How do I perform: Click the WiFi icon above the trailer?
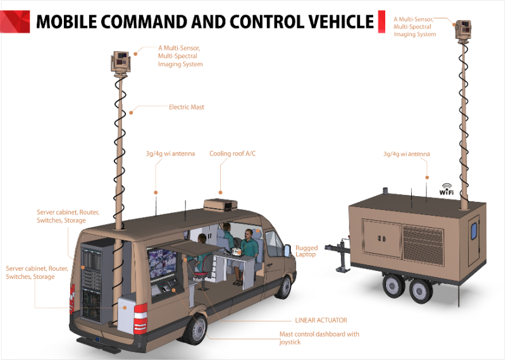447,189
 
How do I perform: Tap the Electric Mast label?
187,108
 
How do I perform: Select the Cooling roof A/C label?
233,153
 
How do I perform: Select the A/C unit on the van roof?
220,203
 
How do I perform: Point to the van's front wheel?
284,287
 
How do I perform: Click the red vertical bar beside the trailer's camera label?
381,22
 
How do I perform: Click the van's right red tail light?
140,317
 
